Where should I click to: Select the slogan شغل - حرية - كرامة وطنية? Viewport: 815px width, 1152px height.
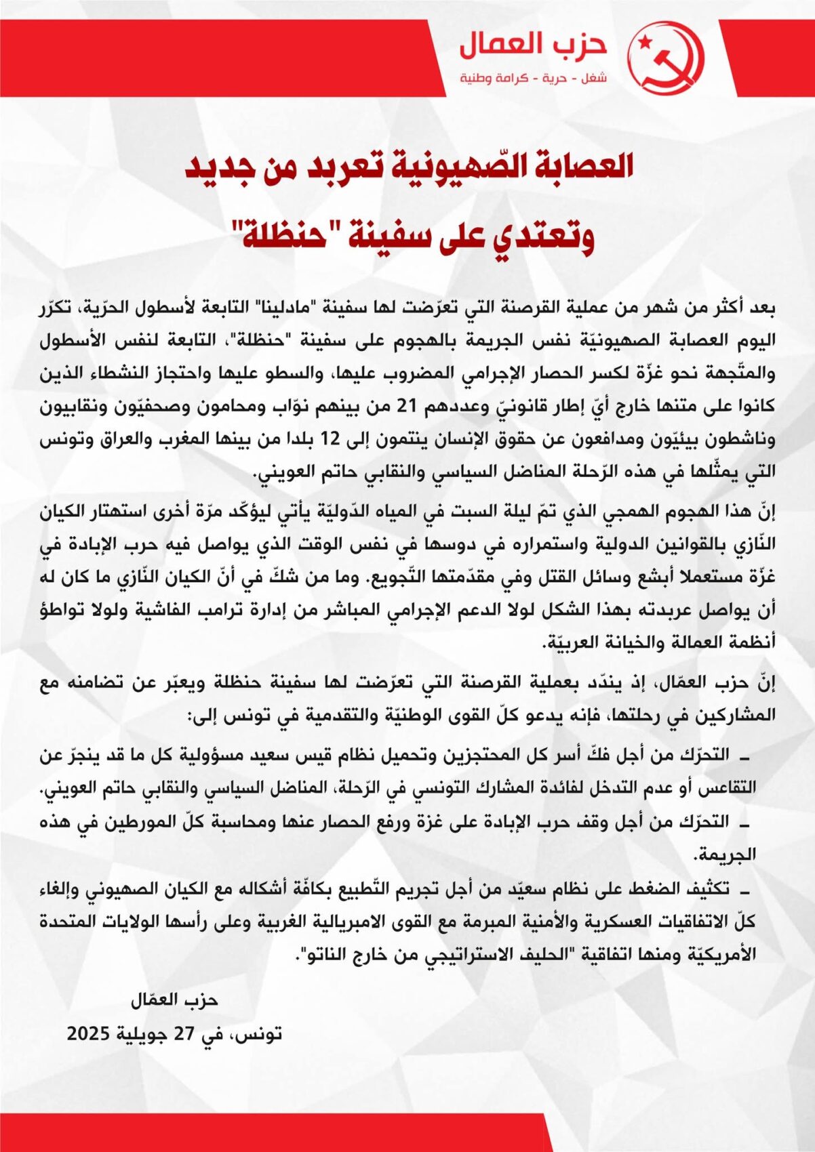click(534, 79)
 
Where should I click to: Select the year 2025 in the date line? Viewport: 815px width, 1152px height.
click(88, 1034)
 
